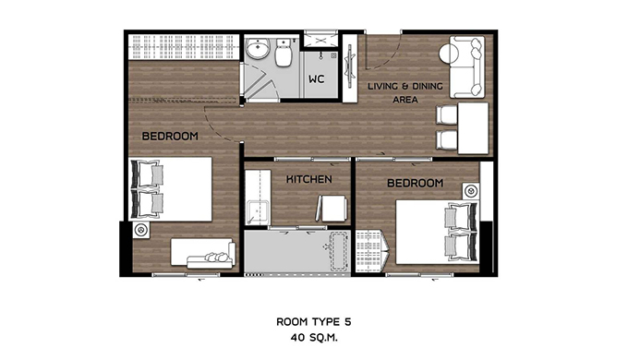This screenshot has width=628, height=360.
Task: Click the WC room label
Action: pyautogui.click(x=316, y=79)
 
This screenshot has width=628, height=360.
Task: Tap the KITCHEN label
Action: pyautogui.click(x=308, y=179)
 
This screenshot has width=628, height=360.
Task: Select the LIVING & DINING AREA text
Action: pyautogui.click(x=405, y=92)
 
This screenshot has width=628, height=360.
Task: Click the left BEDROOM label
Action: pyautogui.click(x=170, y=136)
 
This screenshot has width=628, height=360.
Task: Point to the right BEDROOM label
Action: pyautogui.click(x=416, y=184)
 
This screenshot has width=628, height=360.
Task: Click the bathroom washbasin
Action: pyautogui.click(x=257, y=49)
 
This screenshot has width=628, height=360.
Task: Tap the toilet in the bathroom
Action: pyautogui.click(x=284, y=53)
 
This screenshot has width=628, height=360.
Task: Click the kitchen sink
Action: pyautogui.click(x=257, y=211)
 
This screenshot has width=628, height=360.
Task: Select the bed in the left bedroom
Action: pyautogui.click(x=170, y=189)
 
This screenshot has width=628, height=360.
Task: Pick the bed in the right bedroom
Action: pyautogui.click(x=438, y=232)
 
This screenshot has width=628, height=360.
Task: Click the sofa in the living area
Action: pyautogui.click(x=467, y=66)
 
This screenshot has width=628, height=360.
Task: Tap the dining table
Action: pyautogui.click(x=473, y=128)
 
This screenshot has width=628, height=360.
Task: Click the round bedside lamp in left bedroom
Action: pyautogui.click(x=140, y=230)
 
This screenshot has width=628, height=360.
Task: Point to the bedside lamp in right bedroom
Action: pyautogui.click(x=471, y=191)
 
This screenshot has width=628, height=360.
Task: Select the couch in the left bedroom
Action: pyautogui.click(x=203, y=254)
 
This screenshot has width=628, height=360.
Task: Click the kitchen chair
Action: pyautogui.click(x=332, y=209)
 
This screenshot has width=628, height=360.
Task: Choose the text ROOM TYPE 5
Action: pyautogui.click(x=314, y=321)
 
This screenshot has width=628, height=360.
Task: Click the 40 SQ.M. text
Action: pyautogui.click(x=314, y=338)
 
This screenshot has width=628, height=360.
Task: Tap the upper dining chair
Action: pyautogui.click(x=447, y=115)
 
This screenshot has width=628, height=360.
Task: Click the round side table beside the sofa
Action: pyautogui.click(x=449, y=54)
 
